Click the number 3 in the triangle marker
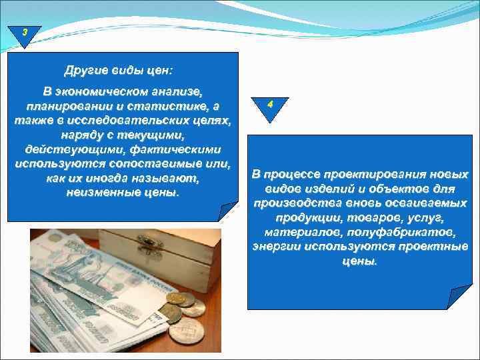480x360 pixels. pos(25,32)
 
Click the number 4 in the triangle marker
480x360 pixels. pos(270,105)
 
